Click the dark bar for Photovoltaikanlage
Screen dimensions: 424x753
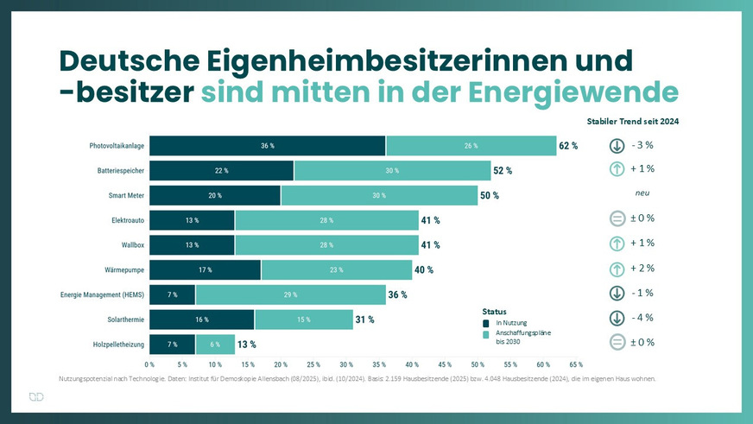[x=268, y=146]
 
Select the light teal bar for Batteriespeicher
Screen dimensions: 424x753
[x=392, y=171]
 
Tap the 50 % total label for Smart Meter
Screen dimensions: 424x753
[x=490, y=196]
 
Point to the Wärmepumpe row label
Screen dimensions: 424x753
[x=121, y=270]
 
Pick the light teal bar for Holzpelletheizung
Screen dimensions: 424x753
[x=214, y=345]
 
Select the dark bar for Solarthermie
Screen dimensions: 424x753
[x=201, y=320]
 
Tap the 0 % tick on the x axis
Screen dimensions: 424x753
[x=149, y=365]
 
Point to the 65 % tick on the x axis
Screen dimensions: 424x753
[x=576, y=365]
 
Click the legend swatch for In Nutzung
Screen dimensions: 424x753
[x=487, y=323]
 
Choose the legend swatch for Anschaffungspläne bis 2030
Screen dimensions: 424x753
[x=487, y=334]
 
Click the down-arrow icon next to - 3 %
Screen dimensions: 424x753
[x=617, y=145]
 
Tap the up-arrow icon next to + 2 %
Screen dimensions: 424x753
[x=617, y=269]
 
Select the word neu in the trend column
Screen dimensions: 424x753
[x=642, y=194]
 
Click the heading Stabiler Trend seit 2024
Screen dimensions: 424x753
[x=633, y=122]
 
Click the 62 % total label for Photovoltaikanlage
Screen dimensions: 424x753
[x=568, y=146]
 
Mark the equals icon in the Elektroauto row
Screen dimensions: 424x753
[x=617, y=218]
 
